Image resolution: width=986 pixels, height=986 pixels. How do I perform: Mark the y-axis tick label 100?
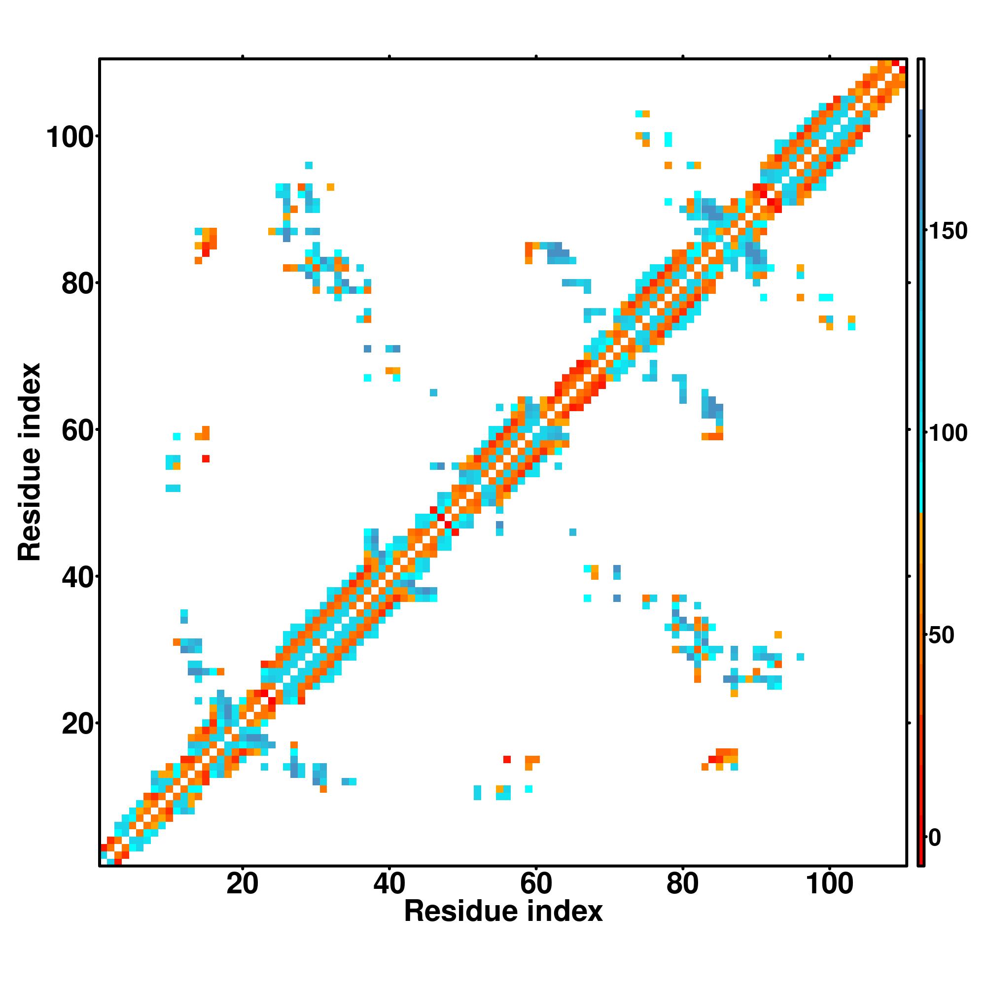(71, 138)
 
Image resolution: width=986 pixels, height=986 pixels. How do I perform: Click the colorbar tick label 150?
(947, 231)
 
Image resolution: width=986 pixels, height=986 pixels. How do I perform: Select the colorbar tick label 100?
(947, 433)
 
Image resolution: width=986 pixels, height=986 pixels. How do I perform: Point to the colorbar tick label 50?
(942, 635)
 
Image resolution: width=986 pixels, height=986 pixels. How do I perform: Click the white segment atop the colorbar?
(921, 84)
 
